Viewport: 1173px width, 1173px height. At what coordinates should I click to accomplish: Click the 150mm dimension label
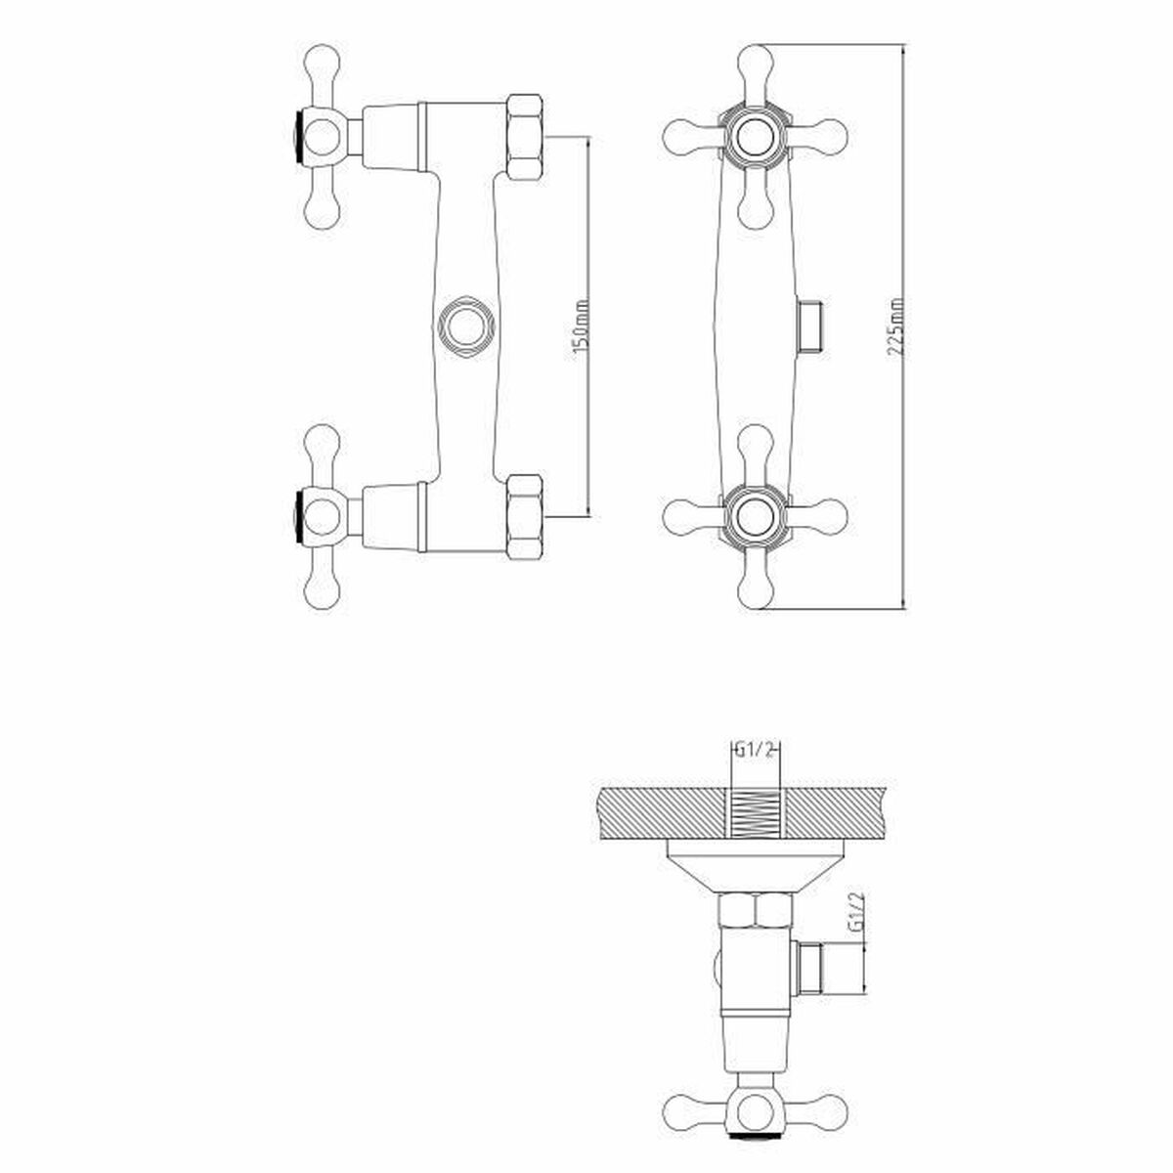580,326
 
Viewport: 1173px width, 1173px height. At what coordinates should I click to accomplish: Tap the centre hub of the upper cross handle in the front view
754,134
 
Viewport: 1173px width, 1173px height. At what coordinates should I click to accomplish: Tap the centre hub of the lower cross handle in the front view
754,516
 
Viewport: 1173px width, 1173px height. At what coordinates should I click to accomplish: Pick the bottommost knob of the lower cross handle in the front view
754,589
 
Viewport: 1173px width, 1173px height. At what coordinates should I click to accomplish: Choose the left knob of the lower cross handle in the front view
679,516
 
